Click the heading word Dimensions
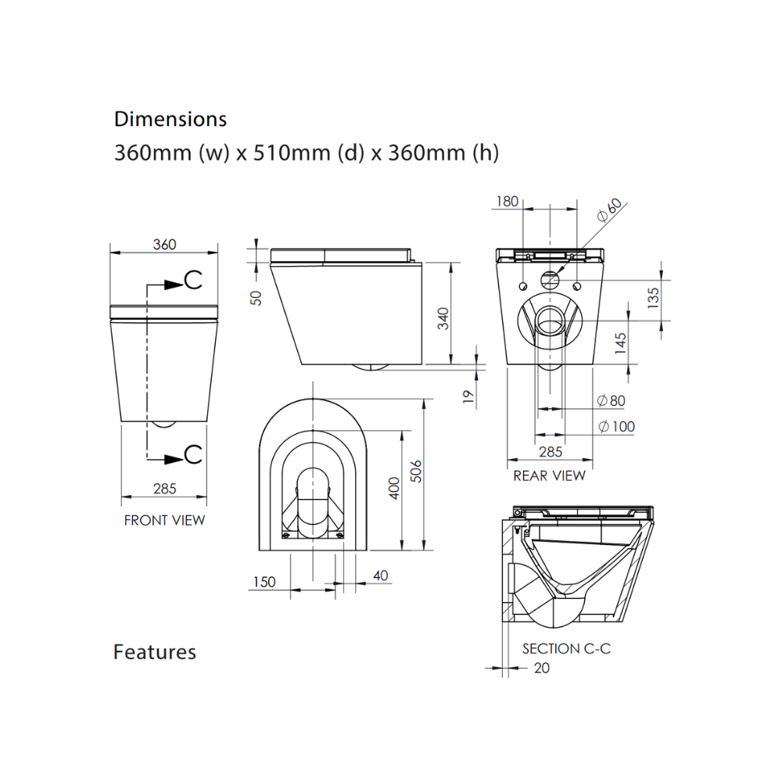click(x=170, y=119)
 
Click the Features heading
click(x=155, y=651)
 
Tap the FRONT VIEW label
click(x=164, y=520)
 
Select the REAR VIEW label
click(x=549, y=475)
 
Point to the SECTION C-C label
click(x=566, y=649)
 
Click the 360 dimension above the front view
click(x=164, y=244)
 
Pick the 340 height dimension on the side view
click(x=443, y=318)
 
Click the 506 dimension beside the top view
click(x=416, y=470)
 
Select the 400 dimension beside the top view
click(x=394, y=489)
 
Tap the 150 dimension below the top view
click(x=264, y=582)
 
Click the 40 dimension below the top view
click(x=380, y=576)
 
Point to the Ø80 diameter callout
click(x=611, y=401)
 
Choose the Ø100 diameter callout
click(x=615, y=427)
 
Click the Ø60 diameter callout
click(x=609, y=210)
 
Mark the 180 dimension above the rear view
click(x=507, y=201)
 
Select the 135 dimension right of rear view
click(x=654, y=296)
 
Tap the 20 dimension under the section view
click(x=541, y=668)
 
